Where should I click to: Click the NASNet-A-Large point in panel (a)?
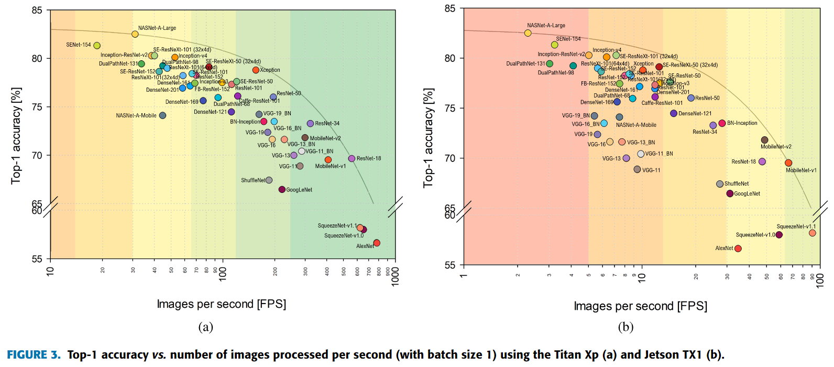coord(135,34)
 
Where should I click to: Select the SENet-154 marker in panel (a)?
coord(97,46)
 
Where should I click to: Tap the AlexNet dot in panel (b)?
coord(738,249)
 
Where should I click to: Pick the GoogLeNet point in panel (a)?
coord(282,189)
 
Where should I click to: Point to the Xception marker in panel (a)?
coord(256,70)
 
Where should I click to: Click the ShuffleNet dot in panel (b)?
coord(720,184)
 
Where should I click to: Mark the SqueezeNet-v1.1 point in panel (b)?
coord(813,233)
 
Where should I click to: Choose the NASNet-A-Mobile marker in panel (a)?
coord(162,115)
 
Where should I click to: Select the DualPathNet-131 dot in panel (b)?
coord(550,64)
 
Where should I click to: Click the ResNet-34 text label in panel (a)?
coord(327,124)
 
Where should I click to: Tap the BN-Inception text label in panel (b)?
coord(742,123)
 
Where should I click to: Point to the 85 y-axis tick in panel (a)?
coord(37,10)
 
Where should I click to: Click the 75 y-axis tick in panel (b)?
coord(450,109)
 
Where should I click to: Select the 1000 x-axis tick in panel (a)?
coord(396,276)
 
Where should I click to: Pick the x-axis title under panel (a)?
coord(221,304)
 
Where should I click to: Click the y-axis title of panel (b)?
coord(429,138)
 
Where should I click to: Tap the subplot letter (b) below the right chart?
coord(625,327)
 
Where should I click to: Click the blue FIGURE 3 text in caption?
coord(34,355)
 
